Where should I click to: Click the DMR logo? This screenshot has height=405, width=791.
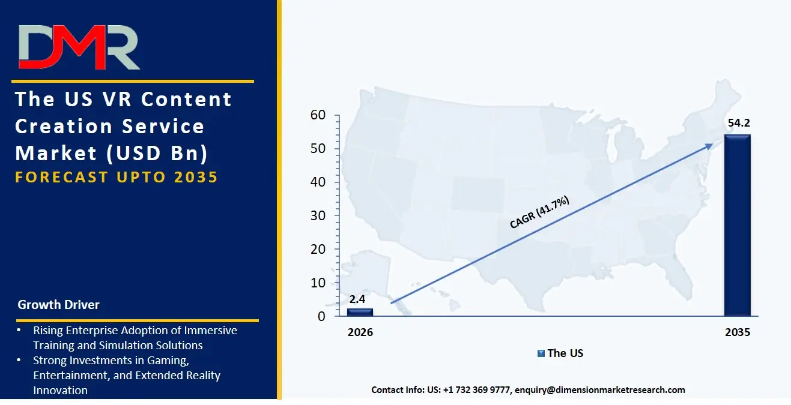(79, 47)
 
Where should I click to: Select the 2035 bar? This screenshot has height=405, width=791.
(738, 225)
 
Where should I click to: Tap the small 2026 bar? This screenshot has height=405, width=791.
(360, 312)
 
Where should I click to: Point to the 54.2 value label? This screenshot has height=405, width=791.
(739, 123)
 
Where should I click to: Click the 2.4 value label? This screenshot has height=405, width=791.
(357, 299)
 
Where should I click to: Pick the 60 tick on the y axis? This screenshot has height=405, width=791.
(318, 115)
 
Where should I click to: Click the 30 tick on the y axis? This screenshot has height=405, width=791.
(318, 215)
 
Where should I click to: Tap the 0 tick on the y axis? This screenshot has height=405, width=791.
(321, 316)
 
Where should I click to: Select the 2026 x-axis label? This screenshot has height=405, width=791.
(360, 332)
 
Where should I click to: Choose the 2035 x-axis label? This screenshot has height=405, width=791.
(738, 332)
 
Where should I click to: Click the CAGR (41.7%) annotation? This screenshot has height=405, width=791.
(539, 212)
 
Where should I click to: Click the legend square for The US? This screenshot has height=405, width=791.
(541, 353)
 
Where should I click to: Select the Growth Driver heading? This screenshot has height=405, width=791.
(59, 305)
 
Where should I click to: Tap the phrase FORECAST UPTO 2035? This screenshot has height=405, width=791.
(116, 177)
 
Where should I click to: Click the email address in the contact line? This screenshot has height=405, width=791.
(599, 390)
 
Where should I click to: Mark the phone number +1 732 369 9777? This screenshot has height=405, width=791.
(476, 390)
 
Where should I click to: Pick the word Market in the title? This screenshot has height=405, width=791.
(56, 154)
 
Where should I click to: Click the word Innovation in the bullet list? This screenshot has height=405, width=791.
(61, 390)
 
